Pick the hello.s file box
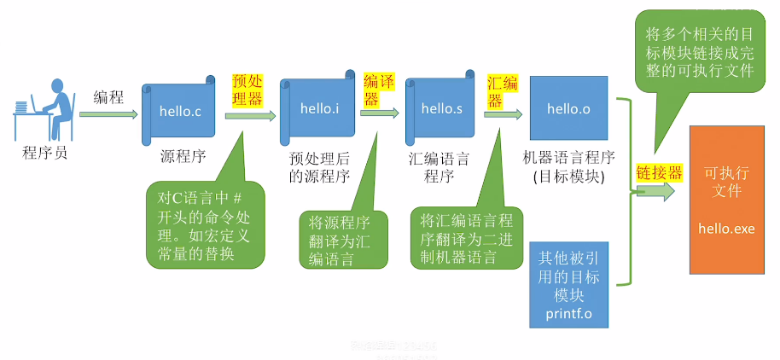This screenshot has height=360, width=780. [x=440, y=109]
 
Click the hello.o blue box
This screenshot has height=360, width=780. [x=568, y=107]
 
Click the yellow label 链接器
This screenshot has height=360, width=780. [x=660, y=173]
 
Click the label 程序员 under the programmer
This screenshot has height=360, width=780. [x=44, y=154]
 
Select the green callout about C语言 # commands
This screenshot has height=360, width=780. [x=205, y=223]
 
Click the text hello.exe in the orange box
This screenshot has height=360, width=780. [x=726, y=228]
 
